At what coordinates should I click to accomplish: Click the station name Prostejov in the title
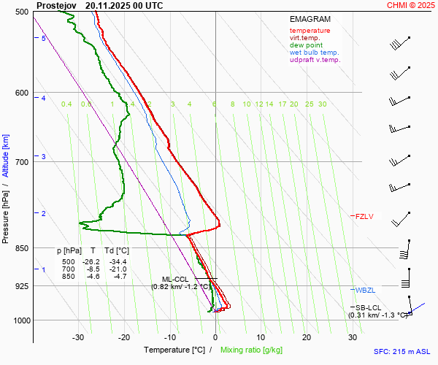56,5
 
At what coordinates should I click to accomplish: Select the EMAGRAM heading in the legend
309,18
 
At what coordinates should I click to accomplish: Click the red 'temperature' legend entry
310,31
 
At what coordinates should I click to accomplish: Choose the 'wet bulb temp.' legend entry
314,53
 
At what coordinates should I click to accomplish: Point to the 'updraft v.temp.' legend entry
315,60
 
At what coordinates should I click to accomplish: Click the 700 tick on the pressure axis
22,161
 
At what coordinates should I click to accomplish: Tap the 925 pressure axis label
22,286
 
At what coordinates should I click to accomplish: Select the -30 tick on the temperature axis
78,337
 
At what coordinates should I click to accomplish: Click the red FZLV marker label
364,216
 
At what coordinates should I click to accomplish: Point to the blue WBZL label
364,291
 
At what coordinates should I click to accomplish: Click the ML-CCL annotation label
175,280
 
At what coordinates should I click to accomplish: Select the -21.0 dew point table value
118,269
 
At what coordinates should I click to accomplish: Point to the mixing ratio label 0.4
66,104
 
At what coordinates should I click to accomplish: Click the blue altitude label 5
44,38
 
